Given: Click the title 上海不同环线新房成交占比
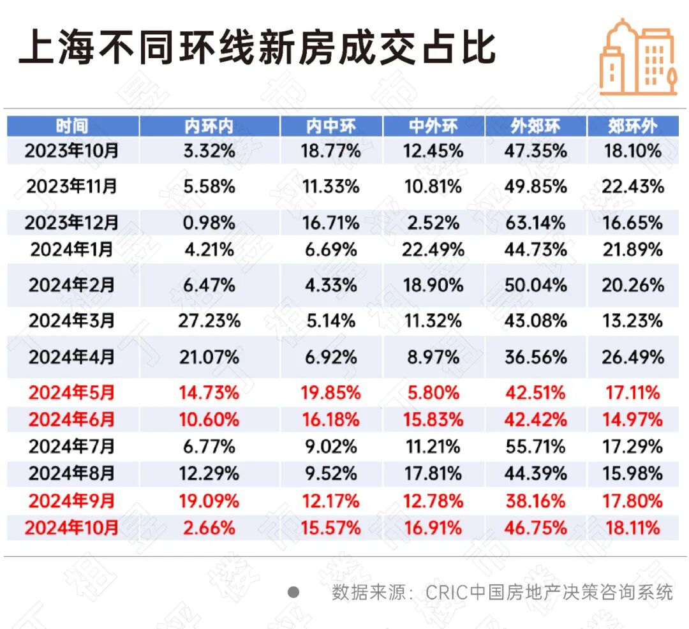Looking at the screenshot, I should pyautogui.click(x=258, y=47).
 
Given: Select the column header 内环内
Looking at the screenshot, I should pyautogui.click(x=209, y=126).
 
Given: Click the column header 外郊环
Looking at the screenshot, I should pyautogui.click(x=535, y=126).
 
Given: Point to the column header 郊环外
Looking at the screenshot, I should pyautogui.click(x=632, y=126).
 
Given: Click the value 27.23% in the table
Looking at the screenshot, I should pyautogui.click(x=209, y=320).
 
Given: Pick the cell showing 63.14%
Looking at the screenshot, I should pyautogui.click(x=535, y=223).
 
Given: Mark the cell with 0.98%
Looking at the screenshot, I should pyautogui.click(x=209, y=223).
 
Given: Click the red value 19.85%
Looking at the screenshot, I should pyautogui.click(x=330, y=392).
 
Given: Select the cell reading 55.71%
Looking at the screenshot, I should pyautogui.click(x=535, y=447).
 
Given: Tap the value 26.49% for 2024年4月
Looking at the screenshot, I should pyautogui.click(x=632, y=357).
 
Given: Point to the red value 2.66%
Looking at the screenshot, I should pyautogui.click(x=209, y=528).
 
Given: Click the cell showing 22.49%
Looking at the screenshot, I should pyautogui.click(x=433, y=249).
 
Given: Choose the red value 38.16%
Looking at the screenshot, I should pyautogui.click(x=535, y=501).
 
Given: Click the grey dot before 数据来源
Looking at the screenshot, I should pyautogui.click(x=293, y=592).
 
